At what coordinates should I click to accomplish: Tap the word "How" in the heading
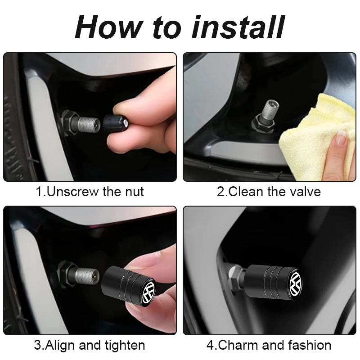[108, 27]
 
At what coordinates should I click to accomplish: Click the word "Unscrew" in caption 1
[72, 192]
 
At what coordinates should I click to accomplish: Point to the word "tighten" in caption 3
[125, 345]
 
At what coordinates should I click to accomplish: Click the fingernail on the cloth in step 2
[341, 139]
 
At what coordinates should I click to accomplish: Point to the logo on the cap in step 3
[148, 292]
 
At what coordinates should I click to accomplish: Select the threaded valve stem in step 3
[87, 276]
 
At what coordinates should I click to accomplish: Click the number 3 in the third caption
[38, 345]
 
